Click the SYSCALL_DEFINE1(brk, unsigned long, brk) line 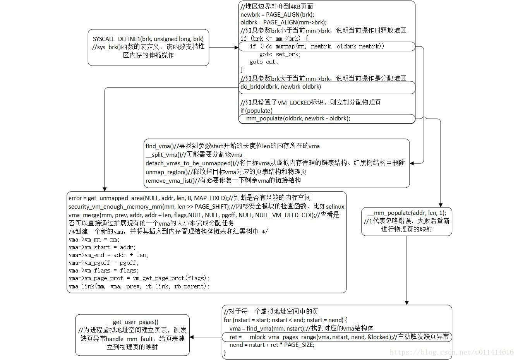click(x=148, y=39)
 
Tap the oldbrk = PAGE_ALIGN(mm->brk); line click(x=283, y=22)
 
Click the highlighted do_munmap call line click(x=317, y=46)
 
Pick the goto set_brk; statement click(x=280, y=54)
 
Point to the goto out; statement click(x=264, y=62)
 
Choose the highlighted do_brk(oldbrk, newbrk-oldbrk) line click(x=281, y=87)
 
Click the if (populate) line click(x=256, y=110)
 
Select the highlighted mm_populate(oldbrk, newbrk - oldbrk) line click(x=298, y=118)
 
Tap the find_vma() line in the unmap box click(x=232, y=146)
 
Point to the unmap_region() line click(x=226, y=172)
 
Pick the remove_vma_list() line click(x=223, y=180)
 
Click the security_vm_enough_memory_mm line click(x=206, y=207)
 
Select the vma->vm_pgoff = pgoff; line click(x=103, y=263)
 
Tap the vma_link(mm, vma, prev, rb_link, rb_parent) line click(x=139, y=286)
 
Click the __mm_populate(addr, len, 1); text click(x=407, y=213)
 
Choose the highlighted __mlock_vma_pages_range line click(x=337, y=337)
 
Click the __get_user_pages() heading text click(x=132, y=322)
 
